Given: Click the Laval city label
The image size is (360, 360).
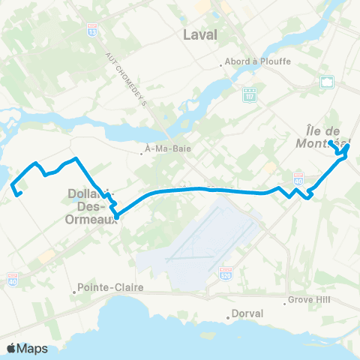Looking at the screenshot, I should point(199,34).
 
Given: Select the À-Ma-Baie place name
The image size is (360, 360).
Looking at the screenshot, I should point(169,148).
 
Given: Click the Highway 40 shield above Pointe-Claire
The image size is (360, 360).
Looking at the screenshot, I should point(13,280).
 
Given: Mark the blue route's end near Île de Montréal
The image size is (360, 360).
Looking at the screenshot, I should point(331,141).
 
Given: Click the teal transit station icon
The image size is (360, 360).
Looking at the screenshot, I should point(326,82).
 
